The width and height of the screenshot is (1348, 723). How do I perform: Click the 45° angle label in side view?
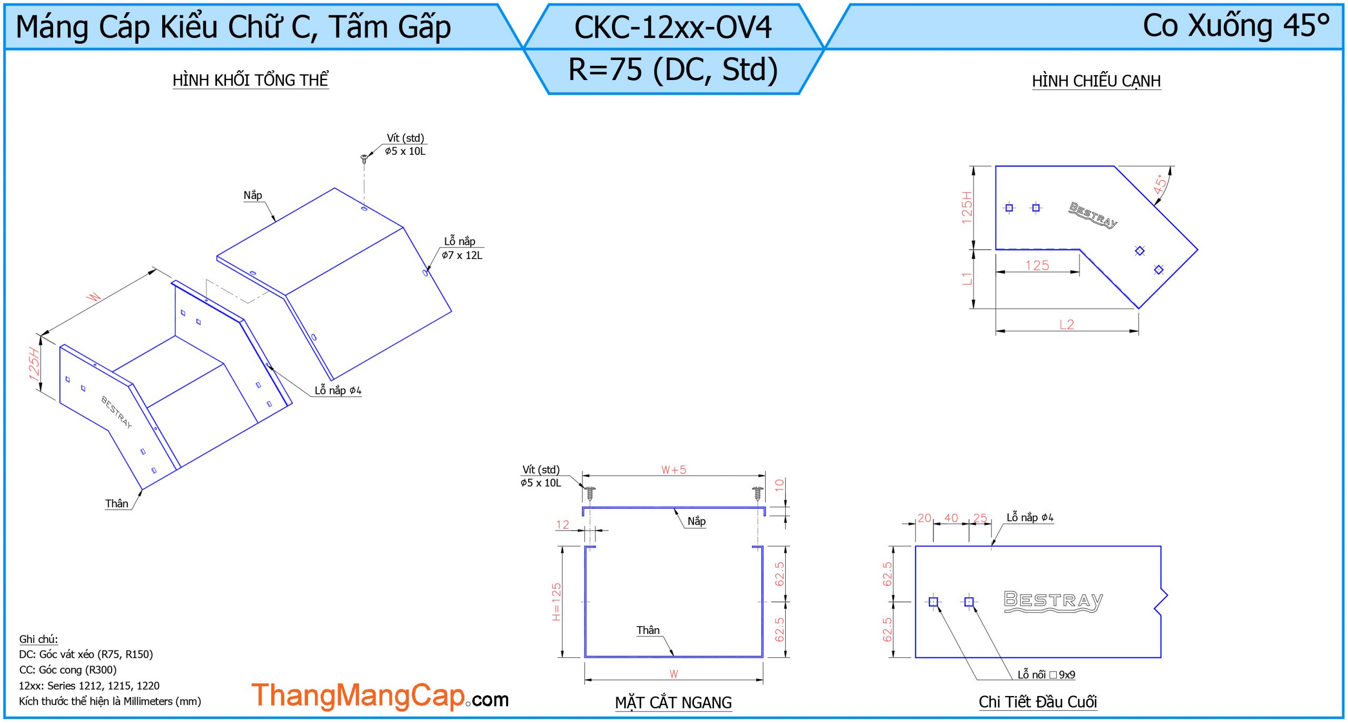(1159, 184)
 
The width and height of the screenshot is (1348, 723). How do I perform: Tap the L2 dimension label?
(1066, 324)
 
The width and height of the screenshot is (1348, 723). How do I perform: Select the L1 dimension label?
(967, 279)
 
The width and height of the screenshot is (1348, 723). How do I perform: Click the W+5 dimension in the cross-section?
(673, 470)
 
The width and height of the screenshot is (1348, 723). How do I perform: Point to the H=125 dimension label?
(557, 601)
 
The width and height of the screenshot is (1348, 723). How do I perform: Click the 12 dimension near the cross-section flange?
(562, 525)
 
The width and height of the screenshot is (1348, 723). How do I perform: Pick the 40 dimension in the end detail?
(951, 518)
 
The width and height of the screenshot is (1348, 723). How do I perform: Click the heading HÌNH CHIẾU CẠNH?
(1096, 81)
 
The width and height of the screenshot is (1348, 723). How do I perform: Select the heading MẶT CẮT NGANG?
(673, 702)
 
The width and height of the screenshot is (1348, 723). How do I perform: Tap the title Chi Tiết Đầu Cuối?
(1037, 701)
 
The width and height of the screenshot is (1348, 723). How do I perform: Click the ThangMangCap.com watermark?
(379, 696)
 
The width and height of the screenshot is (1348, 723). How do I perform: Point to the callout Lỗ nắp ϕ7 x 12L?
(462, 249)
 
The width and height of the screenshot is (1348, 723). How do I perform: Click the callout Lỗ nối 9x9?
(1046, 675)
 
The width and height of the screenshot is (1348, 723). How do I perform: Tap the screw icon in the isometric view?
(364, 158)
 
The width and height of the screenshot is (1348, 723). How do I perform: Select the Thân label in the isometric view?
(116, 503)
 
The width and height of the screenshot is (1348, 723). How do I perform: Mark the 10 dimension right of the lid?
(779, 485)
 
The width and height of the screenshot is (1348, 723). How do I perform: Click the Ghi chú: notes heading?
(38, 639)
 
